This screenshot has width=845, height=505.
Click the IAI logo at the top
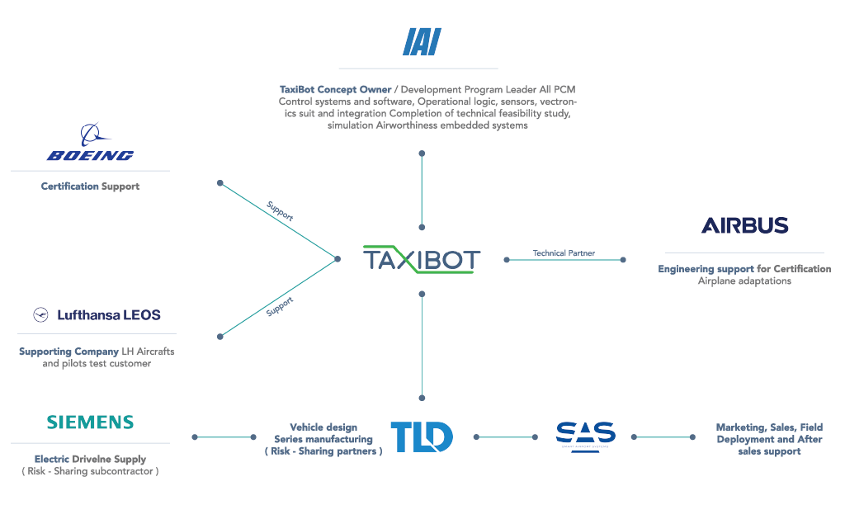(422, 41)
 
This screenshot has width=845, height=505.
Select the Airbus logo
(744, 225)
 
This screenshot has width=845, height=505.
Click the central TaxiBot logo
(422, 259)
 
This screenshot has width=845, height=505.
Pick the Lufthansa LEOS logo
(97, 314)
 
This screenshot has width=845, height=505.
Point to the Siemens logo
(90, 422)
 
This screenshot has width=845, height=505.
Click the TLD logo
(421, 437)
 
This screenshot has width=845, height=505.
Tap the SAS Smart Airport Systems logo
(585, 434)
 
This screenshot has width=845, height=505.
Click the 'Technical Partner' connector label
(564, 253)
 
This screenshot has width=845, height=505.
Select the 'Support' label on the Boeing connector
(280, 210)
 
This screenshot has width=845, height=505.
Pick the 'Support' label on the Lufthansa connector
(280, 307)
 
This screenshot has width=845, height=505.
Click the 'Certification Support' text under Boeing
(90, 186)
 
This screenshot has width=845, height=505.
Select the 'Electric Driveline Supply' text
(90, 459)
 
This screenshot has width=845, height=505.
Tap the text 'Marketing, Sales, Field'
(769, 427)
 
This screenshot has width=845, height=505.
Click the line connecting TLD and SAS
(505, 437)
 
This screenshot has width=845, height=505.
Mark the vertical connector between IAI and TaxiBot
(422, 190)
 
